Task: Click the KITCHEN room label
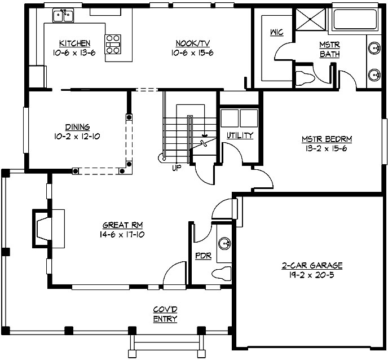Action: (x=74, y=43)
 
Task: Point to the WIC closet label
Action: (x=277, y=32)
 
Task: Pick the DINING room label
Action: (x=77, y=128)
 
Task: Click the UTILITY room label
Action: (x=239, y=135)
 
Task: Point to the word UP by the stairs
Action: (x=176, y=168)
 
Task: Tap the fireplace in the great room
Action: (x=43, y=229)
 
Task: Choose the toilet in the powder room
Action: (x=222, y=274)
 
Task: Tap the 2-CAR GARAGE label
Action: (x=312, y=265)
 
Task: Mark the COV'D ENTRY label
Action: (x=165, y=314)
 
